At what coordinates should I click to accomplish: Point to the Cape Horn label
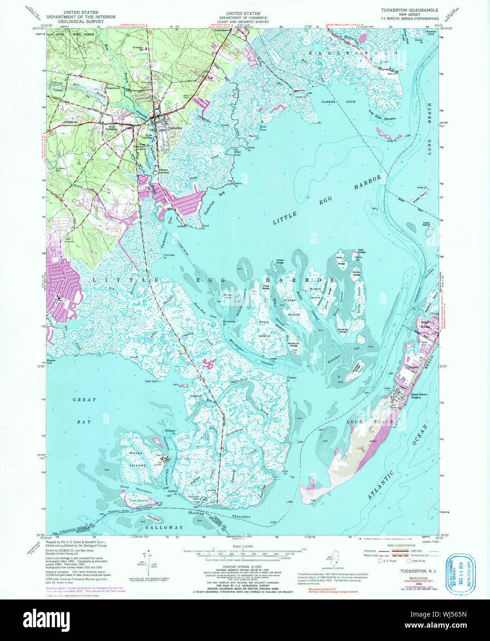point(151,381)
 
